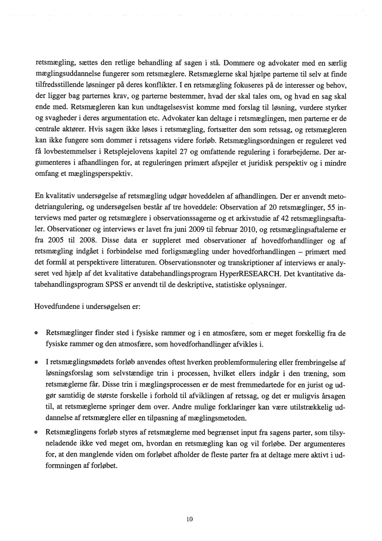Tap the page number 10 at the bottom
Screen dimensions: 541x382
[x=189, y=519]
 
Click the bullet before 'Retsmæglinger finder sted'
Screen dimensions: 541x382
[x=36, y=334]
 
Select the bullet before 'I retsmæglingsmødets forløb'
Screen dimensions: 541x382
[x=36, y=363]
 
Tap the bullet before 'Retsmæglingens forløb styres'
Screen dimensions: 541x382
[x=36, y=432]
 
